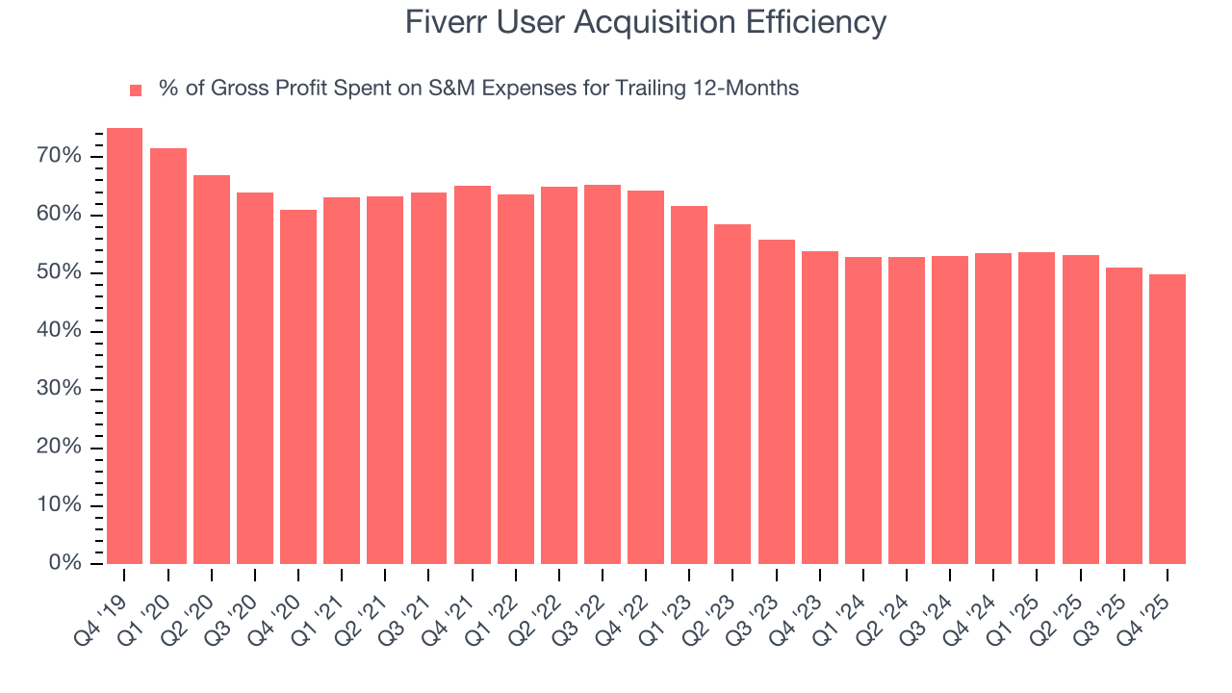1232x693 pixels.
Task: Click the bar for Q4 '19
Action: tap(124, 346)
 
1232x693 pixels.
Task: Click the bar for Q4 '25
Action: tap(1168, 419)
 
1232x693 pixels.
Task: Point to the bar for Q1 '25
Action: tap(1037, 407)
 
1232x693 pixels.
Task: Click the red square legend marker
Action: tap(136, 90)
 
